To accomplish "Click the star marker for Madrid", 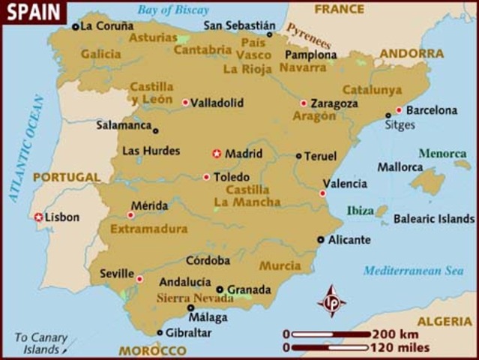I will coord(217,154).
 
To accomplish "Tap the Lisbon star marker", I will coord(37,217).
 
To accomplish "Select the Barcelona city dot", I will coord(399,109).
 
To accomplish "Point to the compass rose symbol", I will coord(332,301).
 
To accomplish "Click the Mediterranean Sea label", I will coord(413,271).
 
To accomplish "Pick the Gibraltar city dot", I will coord(160,332).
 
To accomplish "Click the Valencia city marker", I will coord(322,193).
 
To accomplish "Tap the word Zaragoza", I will coord(334,103).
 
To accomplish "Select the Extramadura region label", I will coord(149,229).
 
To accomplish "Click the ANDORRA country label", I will coord(412,53).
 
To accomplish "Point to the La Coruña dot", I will coord(75,26).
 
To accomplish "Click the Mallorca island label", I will coord(400,166).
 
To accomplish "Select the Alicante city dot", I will coord(321,240).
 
